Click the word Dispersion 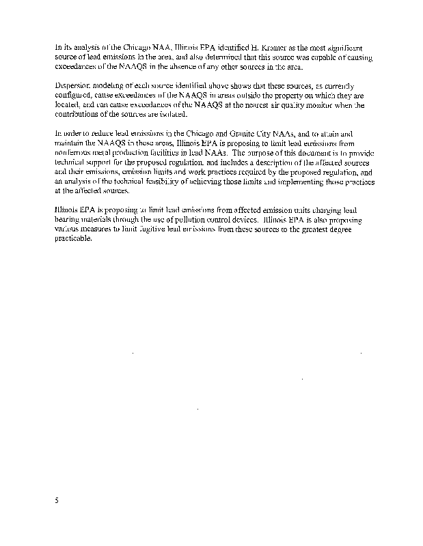72,86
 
